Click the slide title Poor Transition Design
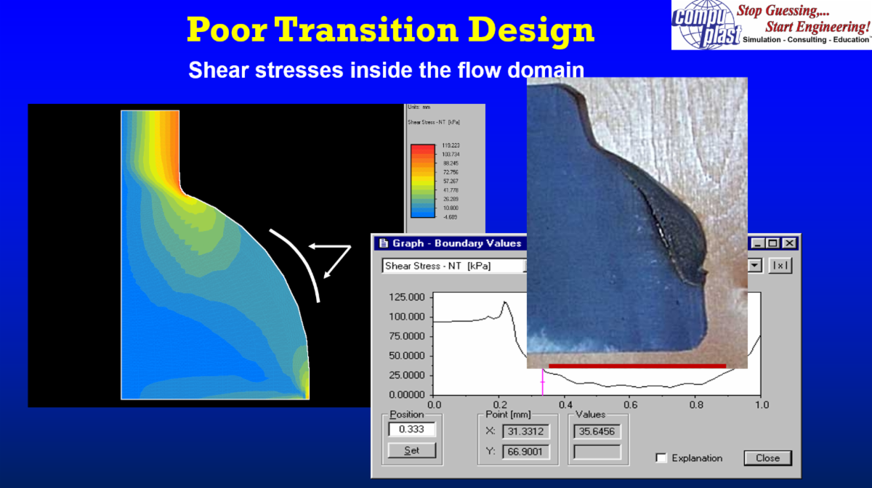coord(390,30)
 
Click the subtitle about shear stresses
coord(386,70)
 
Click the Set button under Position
coord(411,450)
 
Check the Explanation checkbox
coord(661,458)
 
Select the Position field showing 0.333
coord(411,429)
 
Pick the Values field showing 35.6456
coord(597,432)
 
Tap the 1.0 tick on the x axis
coord(761,404)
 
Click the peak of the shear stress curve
coord(504,303)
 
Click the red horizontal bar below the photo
coord(637,365)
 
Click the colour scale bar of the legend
coord(422,181)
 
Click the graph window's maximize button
coord(773,243)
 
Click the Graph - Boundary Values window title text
coord(456,243)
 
